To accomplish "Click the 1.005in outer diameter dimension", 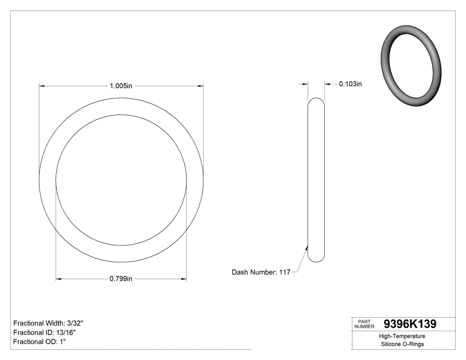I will click(x=121, y=86).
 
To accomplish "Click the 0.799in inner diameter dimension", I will click(x=121, y=279).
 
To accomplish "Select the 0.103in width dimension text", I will click(x=350, y=83).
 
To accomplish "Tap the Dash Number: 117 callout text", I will click(x=261, y=272).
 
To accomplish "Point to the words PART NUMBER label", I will click(x=364, y=324).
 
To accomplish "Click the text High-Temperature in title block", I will click(x=403, y=336).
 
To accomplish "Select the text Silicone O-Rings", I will click(x=403, y=344).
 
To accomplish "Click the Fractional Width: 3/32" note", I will click(x=48, y=323).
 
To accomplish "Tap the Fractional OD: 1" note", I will click(x=39, y=342).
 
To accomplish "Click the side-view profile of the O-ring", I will click(x=316, y=179).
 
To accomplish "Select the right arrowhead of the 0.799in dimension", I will click(x=183, y=279).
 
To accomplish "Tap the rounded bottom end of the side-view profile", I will click(x=316, y=259).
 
